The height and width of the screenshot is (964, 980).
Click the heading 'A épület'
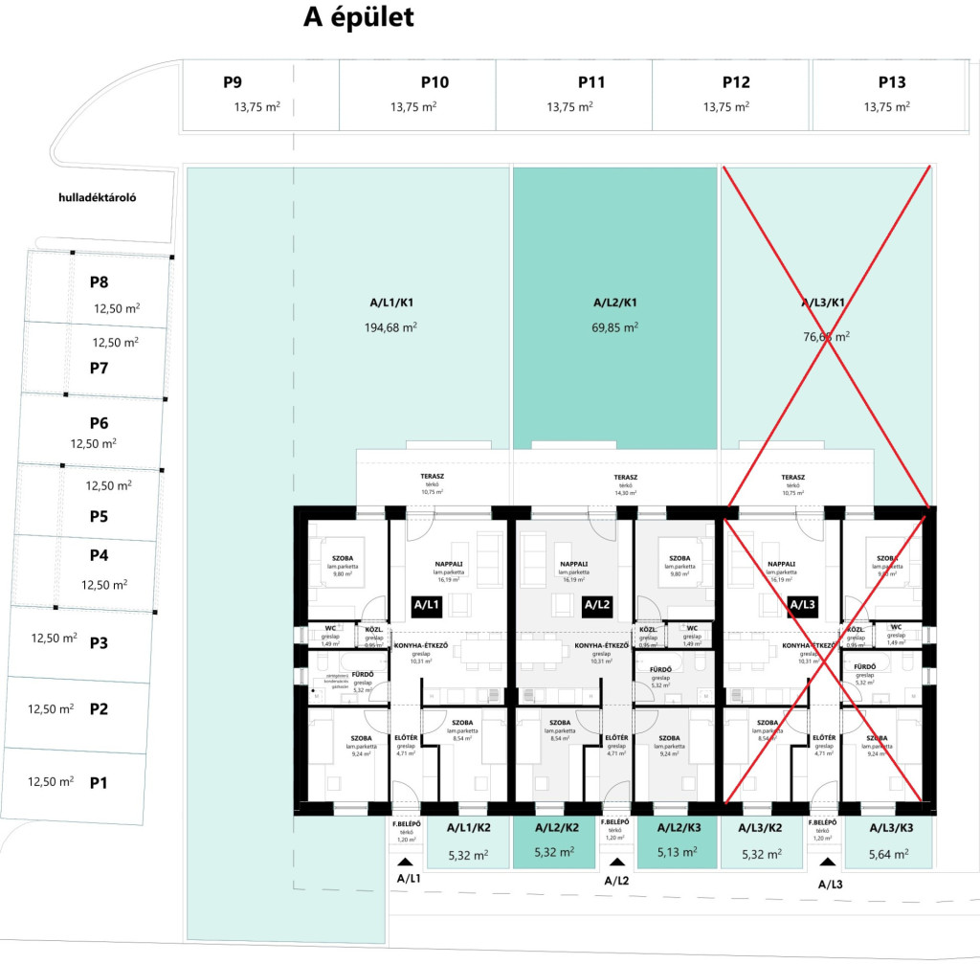tap(358, 18)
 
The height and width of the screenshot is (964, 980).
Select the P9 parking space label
tap(233, 82)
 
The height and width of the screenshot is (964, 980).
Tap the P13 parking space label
tap(891, 82)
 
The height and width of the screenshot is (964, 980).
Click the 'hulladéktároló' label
tap(98, 198)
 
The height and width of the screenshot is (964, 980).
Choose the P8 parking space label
tap(99, 282)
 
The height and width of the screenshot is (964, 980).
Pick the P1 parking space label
tap(99, 783)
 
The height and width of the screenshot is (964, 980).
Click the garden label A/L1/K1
tap(391, 303)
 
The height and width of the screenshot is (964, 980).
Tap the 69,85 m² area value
tap(615, 327)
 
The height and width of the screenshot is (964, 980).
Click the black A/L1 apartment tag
tap(426, 605)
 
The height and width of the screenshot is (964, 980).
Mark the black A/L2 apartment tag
tap(596, 605)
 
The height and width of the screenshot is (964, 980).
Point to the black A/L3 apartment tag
tap(802, 605)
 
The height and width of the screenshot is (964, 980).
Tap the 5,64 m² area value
tap(890, 854)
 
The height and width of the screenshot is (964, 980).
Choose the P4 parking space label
tap(99, 555)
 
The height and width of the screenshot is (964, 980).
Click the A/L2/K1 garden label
tap(615, 303)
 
